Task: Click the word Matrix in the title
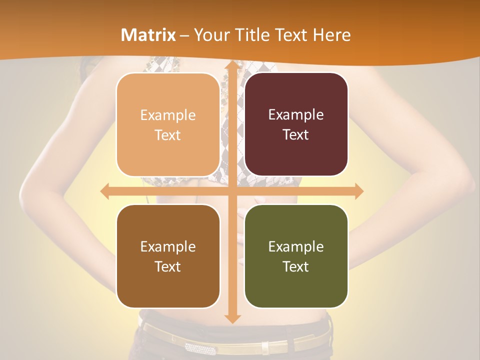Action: click(x=148, y=35)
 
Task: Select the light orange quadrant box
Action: click(x=168, y=124)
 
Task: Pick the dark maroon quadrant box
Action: click(x=296, y=124)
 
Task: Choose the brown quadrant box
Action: click(x=168, y=256)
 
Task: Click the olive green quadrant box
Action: click(x=296, y=256)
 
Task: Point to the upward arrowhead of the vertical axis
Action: click(x=232, y=66)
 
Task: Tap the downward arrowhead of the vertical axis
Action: click(x=232, y=318)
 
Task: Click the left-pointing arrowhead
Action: click(x=105, y=191)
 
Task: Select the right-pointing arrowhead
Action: click(x=358, y=191)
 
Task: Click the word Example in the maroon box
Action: click(x=296, y=115)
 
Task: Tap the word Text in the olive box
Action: click(x=296, y=266)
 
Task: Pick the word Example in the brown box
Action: click(x=168, y=246)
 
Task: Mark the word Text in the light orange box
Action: click(x=168, y=135)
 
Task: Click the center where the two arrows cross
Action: click(x=232, y=191)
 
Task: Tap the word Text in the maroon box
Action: click(x=296, y=135)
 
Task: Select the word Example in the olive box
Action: click(x=296, y=246)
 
